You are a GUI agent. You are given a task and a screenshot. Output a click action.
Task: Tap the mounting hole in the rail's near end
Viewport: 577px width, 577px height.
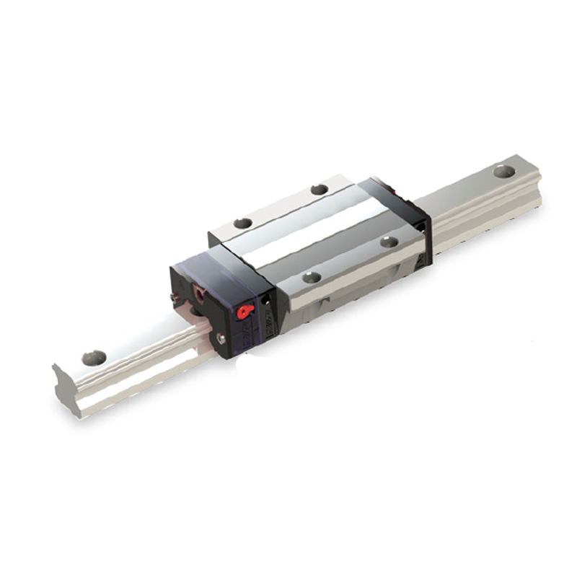(x=94, y=357)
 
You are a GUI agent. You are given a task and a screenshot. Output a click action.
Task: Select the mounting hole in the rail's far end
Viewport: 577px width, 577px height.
(x=504, y=172)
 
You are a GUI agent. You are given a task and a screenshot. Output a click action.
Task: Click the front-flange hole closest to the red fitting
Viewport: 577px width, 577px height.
(x=312, y=277)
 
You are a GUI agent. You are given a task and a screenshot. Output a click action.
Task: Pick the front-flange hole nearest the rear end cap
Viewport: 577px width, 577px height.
(x=389, y=242)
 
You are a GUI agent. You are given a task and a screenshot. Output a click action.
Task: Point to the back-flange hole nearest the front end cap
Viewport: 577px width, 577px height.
(x=243, y=223)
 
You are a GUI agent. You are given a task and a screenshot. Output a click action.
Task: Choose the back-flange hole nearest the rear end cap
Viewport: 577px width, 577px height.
(x=320, y=190)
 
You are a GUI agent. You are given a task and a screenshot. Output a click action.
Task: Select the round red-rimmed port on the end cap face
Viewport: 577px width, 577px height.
(x=200, y=293)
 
